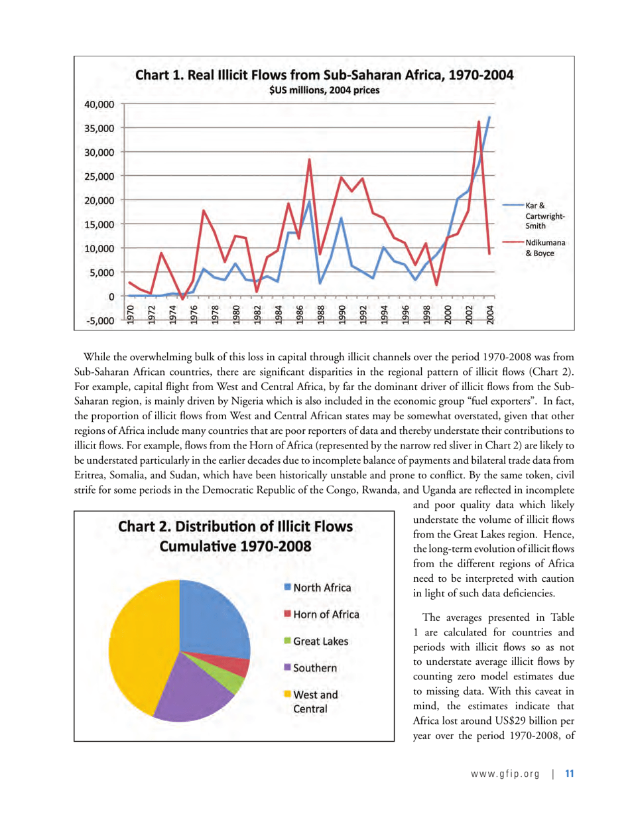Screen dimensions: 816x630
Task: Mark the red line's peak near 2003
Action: pyautogui.click(x=479, y=121)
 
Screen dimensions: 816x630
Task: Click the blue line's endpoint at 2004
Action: pyautogui.click(x=489, y=117)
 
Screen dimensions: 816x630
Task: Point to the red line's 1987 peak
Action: pyautogui.click(x=310, y=159)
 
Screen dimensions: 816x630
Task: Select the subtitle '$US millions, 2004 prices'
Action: pyautogui.click(x=324, y=91)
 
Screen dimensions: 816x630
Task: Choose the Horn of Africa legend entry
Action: pyautogui.click(x=321, y=614)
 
